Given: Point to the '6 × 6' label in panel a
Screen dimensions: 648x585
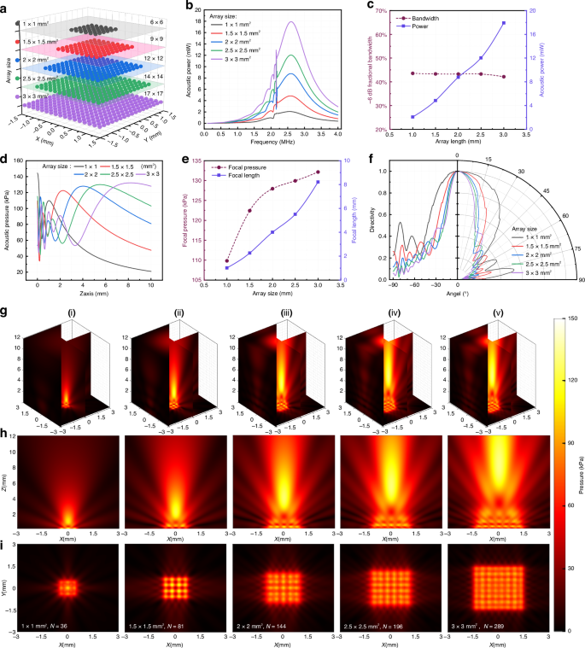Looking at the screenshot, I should click(x=157, y=27).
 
